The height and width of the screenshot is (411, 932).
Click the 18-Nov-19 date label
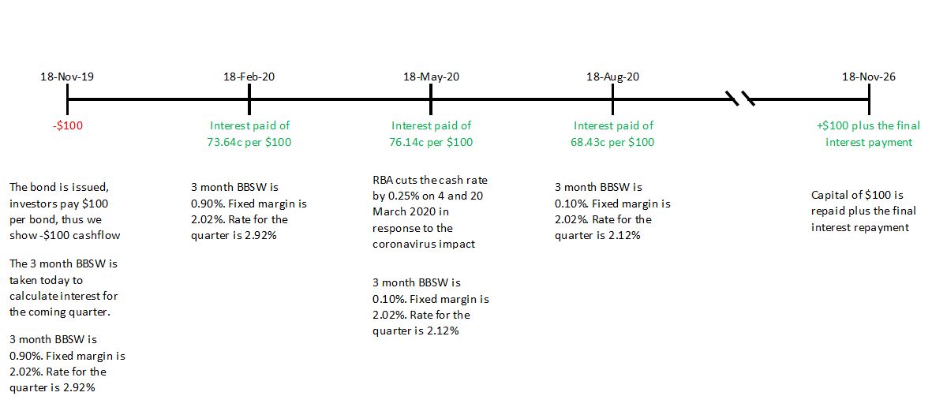67,77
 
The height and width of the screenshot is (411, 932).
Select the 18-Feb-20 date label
249,77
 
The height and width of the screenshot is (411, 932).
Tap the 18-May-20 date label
431,77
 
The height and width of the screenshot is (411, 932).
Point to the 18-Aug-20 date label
612,77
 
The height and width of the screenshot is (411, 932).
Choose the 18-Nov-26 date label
869,77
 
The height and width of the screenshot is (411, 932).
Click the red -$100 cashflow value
67,125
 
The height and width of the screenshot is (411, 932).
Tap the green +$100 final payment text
837,125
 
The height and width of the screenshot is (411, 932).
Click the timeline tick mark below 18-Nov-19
67,99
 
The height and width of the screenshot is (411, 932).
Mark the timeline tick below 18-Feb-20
249,99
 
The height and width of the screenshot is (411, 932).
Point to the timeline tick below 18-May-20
431,99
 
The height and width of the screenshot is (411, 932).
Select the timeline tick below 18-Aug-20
612,99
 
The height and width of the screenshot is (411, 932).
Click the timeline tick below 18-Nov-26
869,99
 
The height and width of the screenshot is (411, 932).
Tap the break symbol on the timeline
741,99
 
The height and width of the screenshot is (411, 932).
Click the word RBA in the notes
383,181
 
